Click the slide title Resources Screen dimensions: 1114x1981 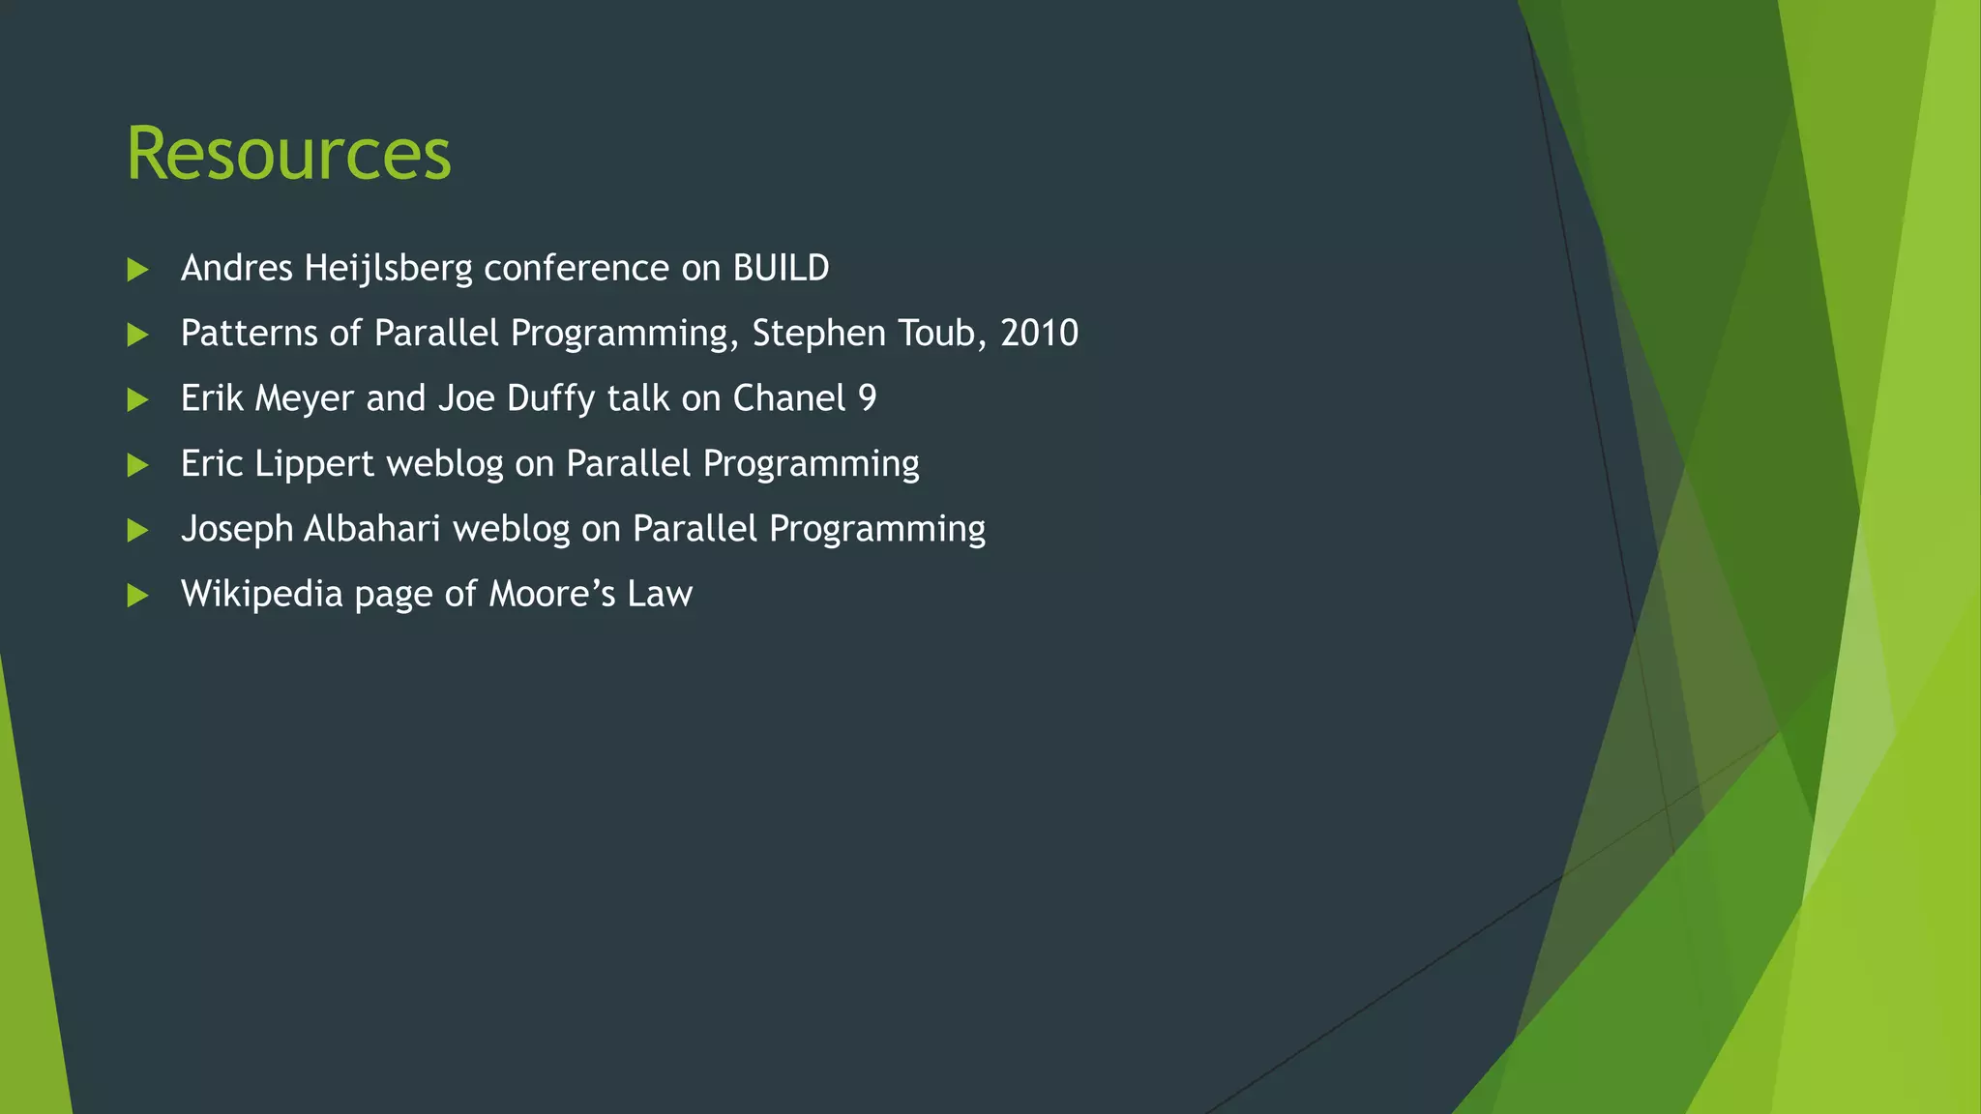[288, 155]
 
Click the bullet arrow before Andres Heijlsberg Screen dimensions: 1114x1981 [137, 270]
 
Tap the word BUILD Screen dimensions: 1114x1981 [781, 269]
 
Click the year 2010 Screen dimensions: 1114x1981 [1039, 334]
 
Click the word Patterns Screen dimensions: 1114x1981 [249, 334]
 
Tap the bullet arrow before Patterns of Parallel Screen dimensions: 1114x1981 [137, 336]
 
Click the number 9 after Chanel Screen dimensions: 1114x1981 [867, 398]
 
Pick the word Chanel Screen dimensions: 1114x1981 [789, 398]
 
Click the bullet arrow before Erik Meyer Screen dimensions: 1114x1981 [137, 400]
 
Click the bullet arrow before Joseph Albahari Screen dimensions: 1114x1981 [137, 531]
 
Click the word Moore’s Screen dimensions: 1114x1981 [551, 594]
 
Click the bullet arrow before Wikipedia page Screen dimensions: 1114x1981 [137, 596]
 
